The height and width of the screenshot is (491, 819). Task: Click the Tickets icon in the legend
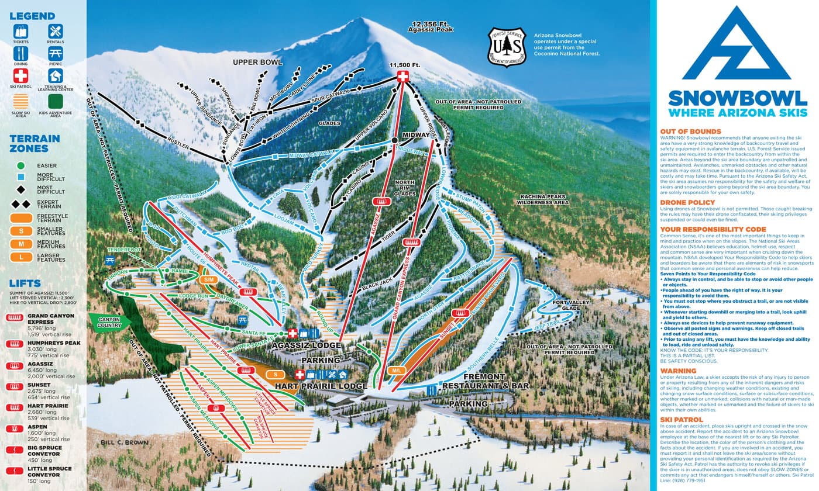(x=21, y=31)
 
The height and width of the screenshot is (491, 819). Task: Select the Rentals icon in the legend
(x=56, y=31)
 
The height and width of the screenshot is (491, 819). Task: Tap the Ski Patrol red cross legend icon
(x=21, y=75)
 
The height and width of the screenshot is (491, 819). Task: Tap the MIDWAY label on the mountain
(x=416, y=135)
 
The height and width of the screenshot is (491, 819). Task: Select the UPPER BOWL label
(x=257, y=62)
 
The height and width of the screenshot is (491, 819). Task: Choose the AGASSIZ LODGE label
(x=307, y=345)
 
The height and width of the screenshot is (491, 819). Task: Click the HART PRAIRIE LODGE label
(x=321, y=386)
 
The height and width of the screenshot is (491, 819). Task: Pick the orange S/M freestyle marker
(x=208, y=280)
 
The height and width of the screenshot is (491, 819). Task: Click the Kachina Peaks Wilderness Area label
(x=544, y=199)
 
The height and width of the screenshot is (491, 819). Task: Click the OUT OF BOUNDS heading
(x=690, y=132)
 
